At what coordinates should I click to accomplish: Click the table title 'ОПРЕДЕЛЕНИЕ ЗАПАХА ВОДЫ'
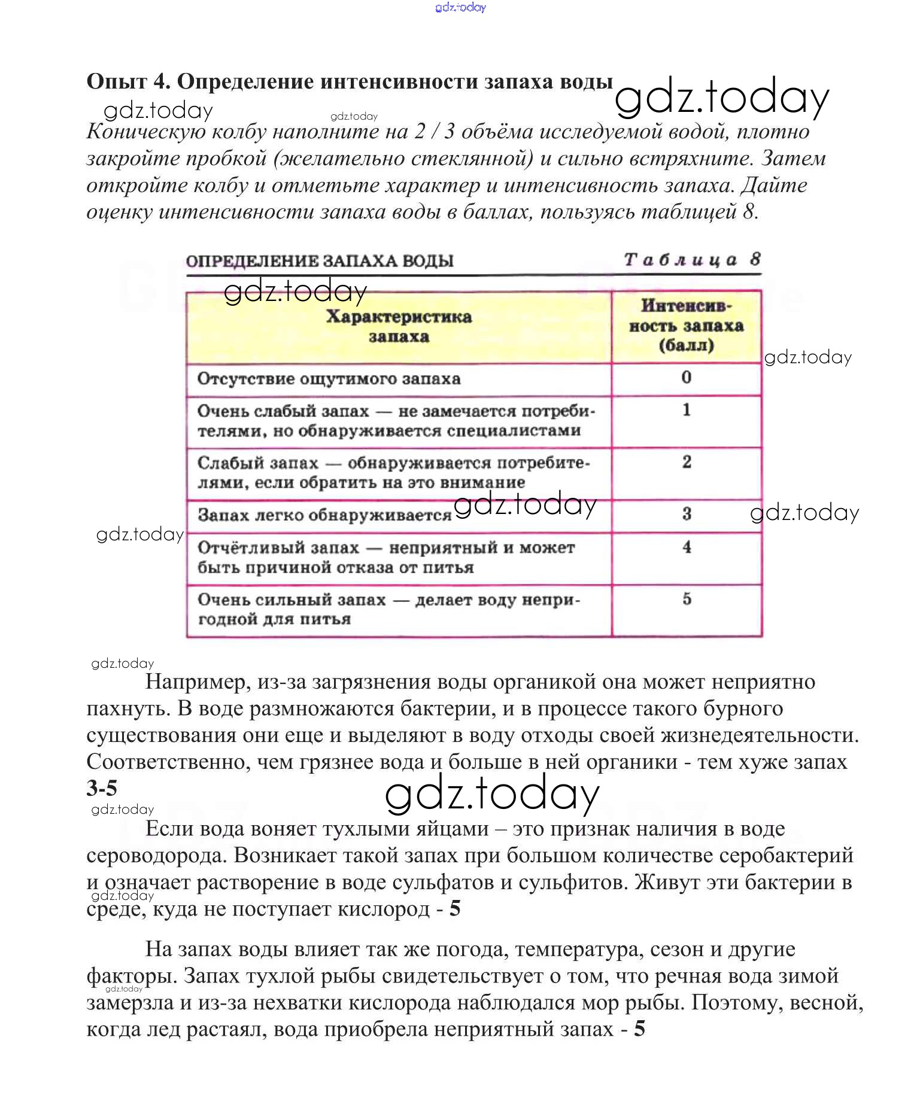click(x=320, y=261)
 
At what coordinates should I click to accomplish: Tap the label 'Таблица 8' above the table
click(x=692, y=260)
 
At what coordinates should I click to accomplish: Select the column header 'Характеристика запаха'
click(x=399, y=327)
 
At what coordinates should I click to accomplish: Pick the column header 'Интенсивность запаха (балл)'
click(x=686, y=326)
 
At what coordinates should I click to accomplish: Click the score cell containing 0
click(x=686, y=377)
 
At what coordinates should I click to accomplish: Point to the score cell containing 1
click(x=686, y=410)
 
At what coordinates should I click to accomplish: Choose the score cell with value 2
click(x=686, y=462)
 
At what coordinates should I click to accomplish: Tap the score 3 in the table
click(x=687, y=513)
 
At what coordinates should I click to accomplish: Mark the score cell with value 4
click(x=687, y=547)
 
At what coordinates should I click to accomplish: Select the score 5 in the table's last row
click(x=687, y=598)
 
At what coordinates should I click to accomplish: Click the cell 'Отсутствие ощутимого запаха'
click(x=329, y=379)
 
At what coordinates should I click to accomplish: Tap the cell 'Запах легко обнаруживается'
click(x=324, y=515)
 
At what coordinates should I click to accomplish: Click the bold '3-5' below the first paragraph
click(x=102, y=788)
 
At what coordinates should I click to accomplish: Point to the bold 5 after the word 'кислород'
click(x=455, y=908)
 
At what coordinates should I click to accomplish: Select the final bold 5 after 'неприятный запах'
click(x=639, y=1029)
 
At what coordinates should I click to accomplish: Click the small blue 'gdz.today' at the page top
click(x=460, y=7)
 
